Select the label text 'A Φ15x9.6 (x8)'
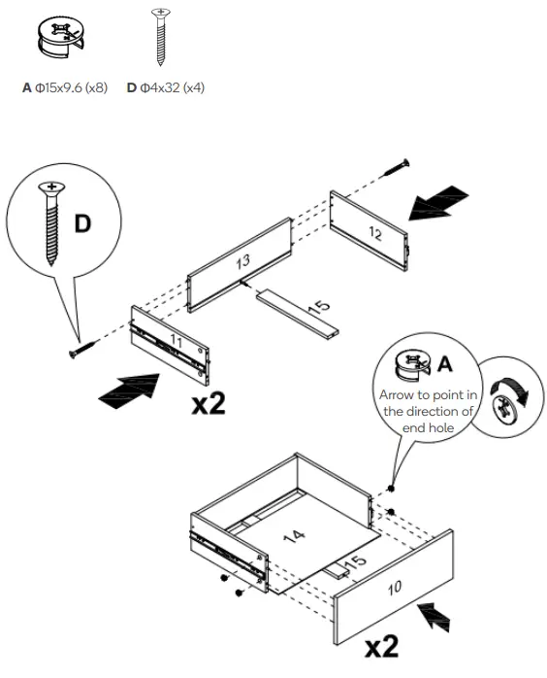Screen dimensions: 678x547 [x=64, y=88]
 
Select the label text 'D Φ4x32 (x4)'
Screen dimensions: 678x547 [x=166, y=88]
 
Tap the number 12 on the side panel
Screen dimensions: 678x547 [x=374, y=234]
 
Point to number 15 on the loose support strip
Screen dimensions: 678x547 [x=318, y=307]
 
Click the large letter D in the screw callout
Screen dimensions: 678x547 [x=84, y=224]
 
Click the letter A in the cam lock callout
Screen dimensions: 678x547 [x=445, y=365]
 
